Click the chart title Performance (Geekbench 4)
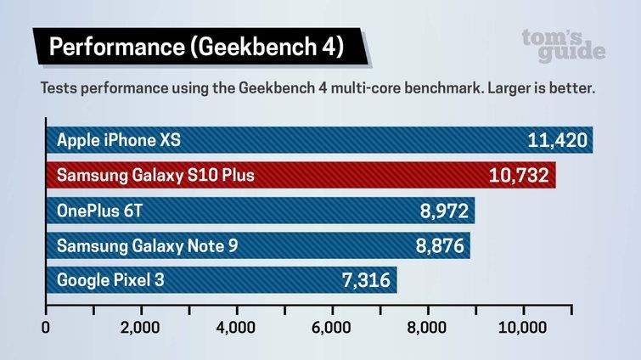196,48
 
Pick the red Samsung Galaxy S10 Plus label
155,176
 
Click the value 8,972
444,211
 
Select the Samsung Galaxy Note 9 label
148,245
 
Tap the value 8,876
440,245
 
